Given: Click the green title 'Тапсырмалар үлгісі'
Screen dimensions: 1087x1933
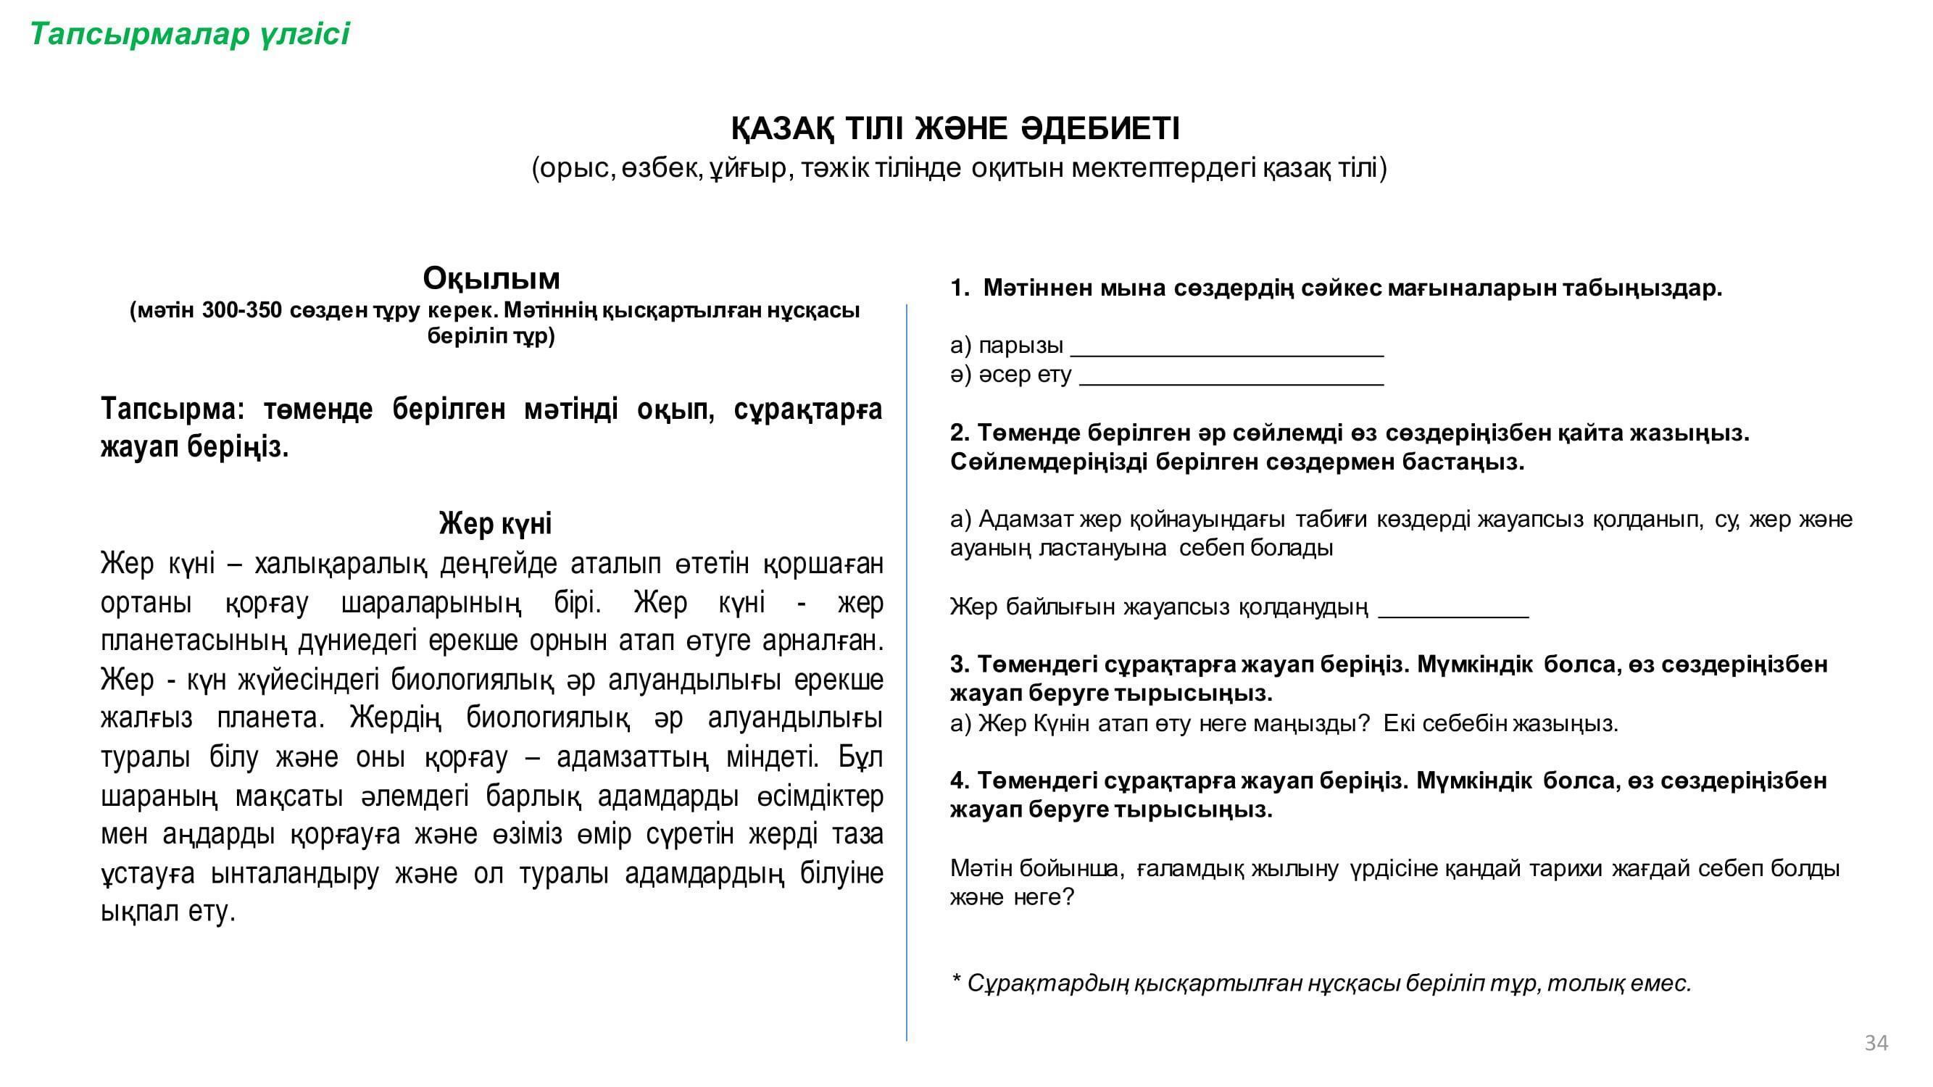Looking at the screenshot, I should tap(189, 35).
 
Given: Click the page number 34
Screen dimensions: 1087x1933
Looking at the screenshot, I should tap(1876, 1043).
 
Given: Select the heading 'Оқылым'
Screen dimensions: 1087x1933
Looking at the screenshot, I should tap(491, 278).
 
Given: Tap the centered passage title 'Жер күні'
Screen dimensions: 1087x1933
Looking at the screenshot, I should tap(495, 524).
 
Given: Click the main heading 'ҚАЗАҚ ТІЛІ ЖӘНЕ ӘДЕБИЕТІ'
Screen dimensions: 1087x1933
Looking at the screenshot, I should tap(955, 128).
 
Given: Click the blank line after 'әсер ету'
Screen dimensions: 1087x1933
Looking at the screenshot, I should tap(1231, 383).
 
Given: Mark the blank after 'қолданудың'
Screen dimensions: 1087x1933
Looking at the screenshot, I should tap(1452, 615).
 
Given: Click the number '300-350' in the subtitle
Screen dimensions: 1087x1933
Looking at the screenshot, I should tap(241, 310).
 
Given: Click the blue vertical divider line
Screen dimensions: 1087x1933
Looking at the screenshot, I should tap(907, 675).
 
